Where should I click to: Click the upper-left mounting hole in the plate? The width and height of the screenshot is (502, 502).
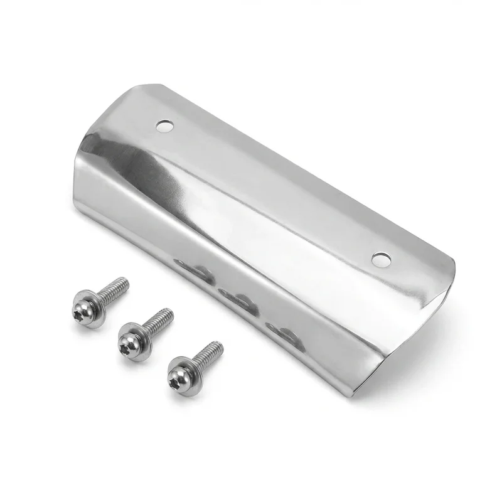[x=165, y=126]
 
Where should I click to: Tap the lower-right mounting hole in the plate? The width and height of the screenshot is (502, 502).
[x=381, y=259]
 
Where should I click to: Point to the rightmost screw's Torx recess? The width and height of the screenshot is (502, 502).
[x=178, y=378]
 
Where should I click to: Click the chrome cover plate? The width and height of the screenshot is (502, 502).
[x=264, y=207]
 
